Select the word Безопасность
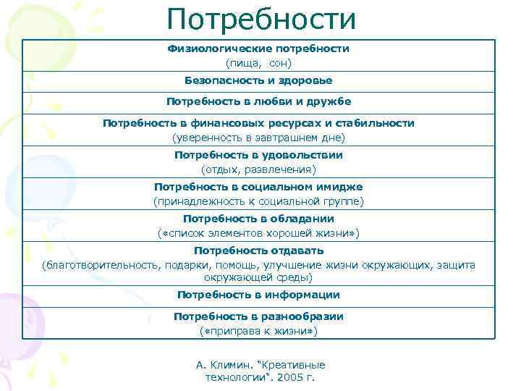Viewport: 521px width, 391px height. tap(219, 80)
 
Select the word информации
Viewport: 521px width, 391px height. tap(301, 295)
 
